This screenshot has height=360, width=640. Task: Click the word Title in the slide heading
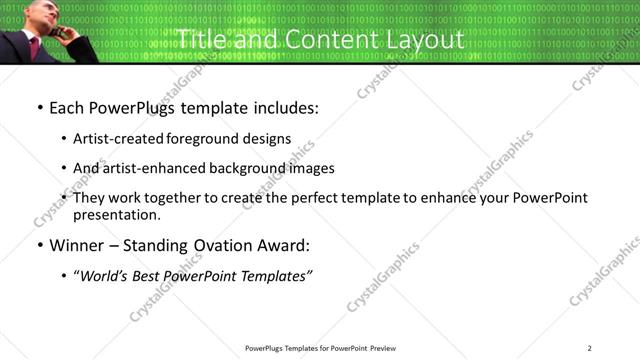[197, 40]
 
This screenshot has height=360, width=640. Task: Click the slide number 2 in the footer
[590, 347]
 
